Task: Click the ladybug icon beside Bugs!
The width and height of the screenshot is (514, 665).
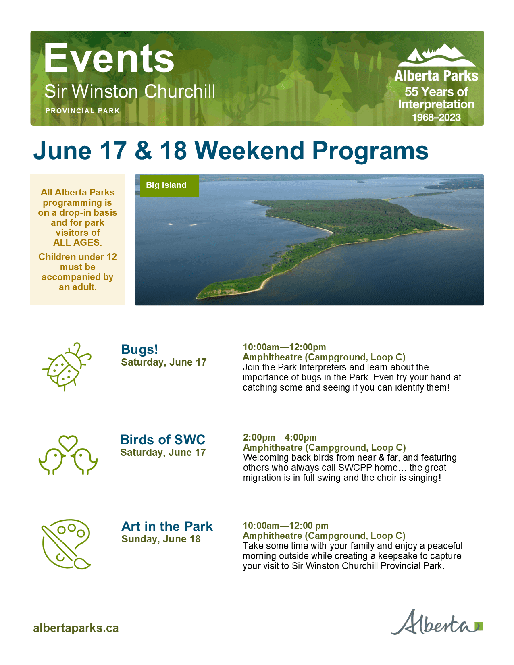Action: coord(67,366)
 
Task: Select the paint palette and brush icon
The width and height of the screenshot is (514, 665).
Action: coord(66,544)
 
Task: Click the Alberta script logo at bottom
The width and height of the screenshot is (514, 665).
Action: coord(437,623)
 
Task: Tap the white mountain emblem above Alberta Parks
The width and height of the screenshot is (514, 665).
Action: coord(437,55)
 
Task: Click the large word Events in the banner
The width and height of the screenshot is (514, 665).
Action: coord(109,58)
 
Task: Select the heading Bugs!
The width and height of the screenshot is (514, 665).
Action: coord(139,349)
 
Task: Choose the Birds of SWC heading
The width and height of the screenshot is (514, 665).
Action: coord(163,440)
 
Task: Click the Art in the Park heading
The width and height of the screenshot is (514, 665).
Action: coord(167,526)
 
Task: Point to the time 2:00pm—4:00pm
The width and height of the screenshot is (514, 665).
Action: coord(280,437)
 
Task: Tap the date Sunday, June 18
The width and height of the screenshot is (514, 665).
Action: coord(161,539)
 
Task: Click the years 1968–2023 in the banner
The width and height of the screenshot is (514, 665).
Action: coord(436,117)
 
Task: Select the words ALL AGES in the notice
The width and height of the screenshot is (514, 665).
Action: coord(77,243)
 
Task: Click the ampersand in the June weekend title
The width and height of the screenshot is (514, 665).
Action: coord(143,151)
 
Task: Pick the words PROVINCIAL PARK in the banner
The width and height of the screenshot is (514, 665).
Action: coord(83,111)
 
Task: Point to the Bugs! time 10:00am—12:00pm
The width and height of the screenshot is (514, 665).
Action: coord(284,347)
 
